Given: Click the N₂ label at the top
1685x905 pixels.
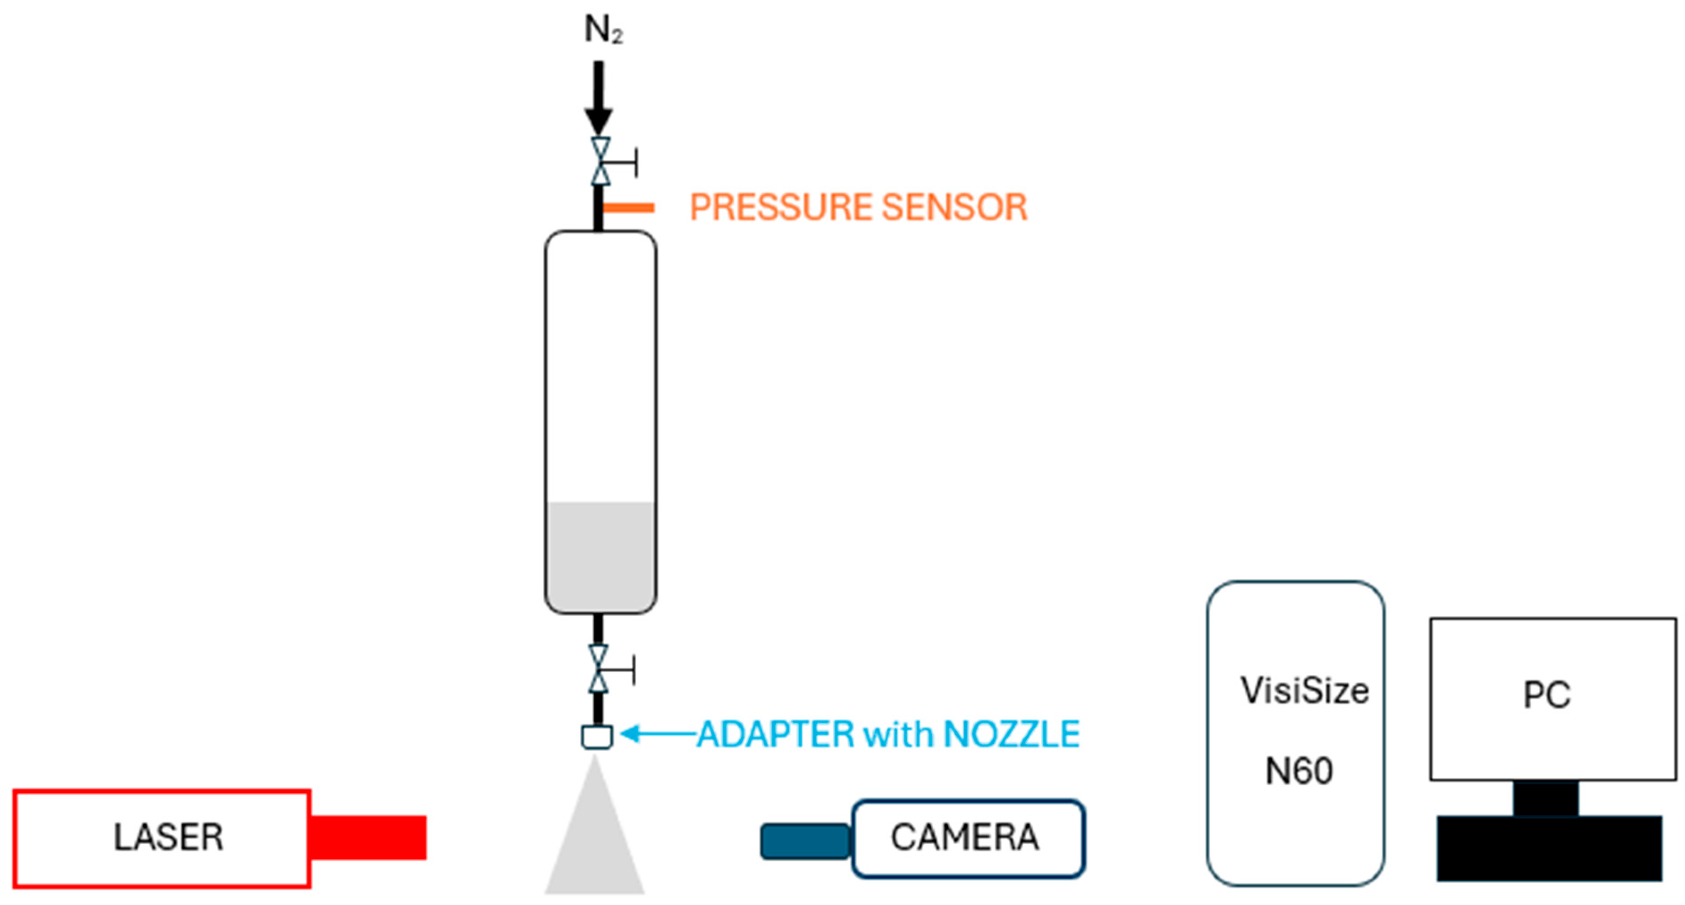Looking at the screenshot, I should (602, 30).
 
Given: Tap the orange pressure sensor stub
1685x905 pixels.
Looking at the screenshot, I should (628, 208).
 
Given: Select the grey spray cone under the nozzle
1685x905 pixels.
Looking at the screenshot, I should (595, 843).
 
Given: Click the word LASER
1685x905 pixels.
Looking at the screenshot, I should (169, 837).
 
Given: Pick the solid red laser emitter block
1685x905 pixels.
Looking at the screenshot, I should (368, 837).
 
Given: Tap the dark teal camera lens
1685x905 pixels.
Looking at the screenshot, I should (805, 842).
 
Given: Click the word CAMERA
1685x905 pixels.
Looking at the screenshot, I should (965, 837).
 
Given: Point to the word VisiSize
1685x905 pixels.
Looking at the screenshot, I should (1304, 691).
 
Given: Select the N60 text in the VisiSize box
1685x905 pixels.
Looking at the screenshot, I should (1298, 771).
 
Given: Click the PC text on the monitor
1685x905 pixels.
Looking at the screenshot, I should (1546, 695).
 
